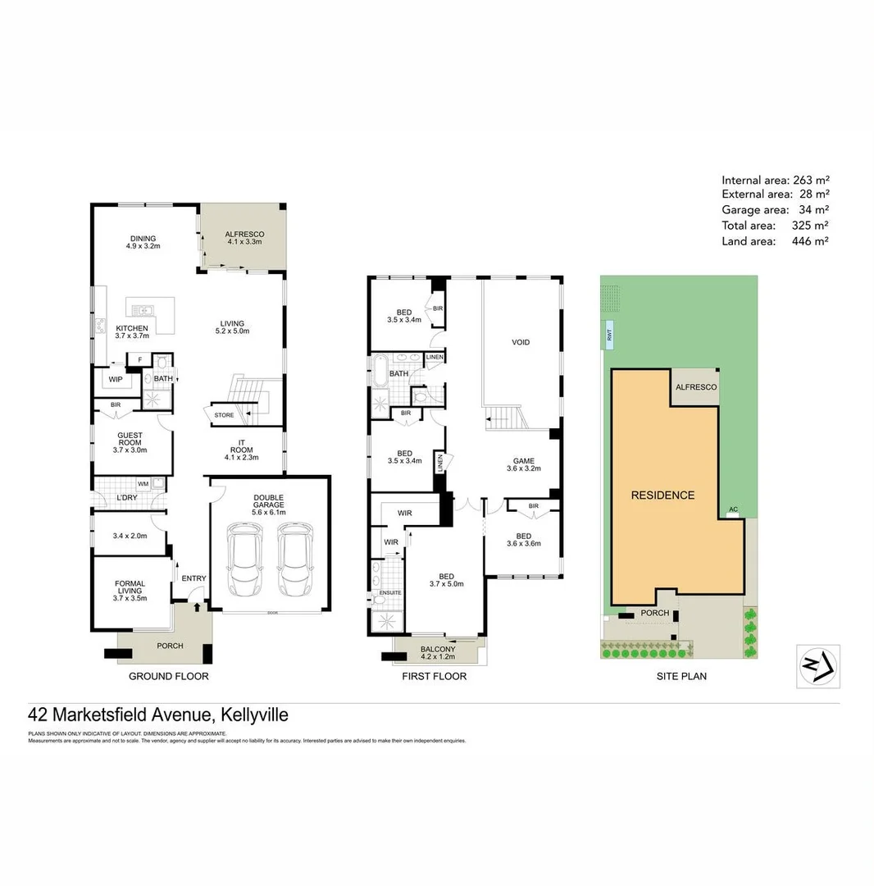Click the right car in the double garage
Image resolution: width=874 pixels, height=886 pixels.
[294, 561]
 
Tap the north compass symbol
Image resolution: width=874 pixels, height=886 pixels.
[817, 665]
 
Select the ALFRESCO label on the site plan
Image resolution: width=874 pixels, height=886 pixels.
[695, 387]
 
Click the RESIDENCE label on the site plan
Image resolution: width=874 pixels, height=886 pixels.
[662, 496]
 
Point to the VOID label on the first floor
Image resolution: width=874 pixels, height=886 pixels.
[521, 342]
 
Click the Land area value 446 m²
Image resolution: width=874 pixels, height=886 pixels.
[810, 241]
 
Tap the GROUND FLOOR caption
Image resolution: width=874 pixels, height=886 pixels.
[169, 677]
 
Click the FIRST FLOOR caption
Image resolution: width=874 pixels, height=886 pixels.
[434, 677]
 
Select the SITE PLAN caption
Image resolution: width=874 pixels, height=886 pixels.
[681, 677]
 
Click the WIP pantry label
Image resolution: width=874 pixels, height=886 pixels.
[115, 379]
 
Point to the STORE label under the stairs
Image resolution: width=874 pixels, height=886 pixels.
[224, 415]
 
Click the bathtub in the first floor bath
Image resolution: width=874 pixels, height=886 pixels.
[381, 372]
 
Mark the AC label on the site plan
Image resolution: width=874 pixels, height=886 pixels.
[733, 509]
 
